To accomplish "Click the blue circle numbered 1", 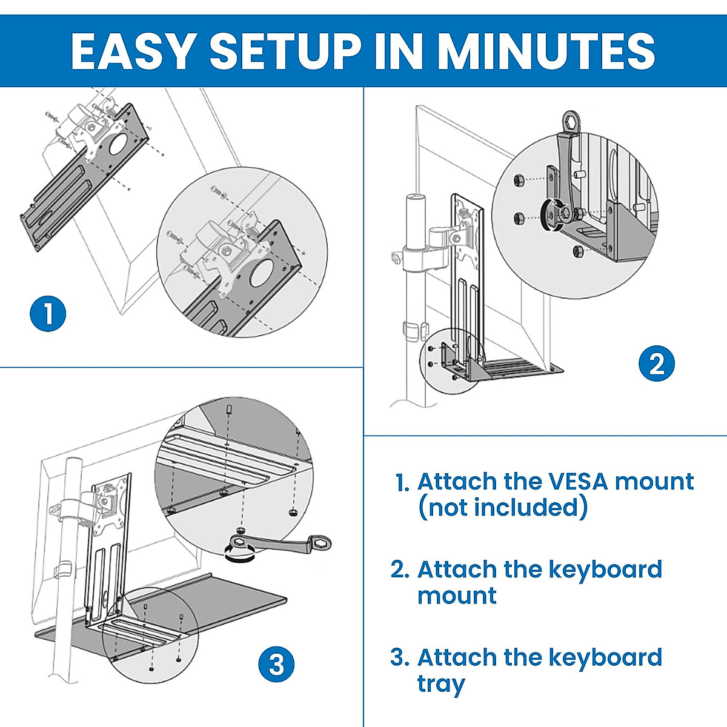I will pos(48,314).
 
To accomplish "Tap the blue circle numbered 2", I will pos(657,364).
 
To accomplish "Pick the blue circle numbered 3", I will pos(276,665).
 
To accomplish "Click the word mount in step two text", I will pos(457,596).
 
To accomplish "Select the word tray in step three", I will pos(441,684).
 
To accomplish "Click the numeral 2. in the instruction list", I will pos(400,570).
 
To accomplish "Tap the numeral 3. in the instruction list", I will pos(400,658).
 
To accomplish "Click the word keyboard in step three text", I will pos(605,658).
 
